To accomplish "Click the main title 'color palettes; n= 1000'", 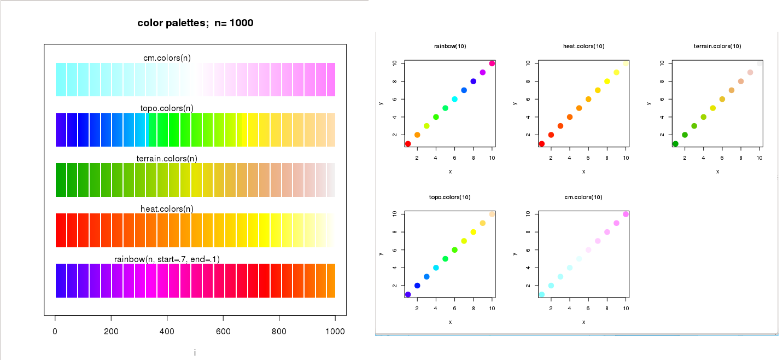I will (195, 23).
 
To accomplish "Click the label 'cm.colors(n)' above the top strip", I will (167, 58).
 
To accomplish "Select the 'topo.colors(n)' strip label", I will (167, 108).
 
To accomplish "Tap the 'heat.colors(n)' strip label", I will (167, 209).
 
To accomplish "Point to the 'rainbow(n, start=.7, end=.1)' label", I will (167, 259).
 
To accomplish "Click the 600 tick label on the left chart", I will (223, 332).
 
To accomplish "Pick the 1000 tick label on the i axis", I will (335, 332).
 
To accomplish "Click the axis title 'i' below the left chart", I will (195, 353).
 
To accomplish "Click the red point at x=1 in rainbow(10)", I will (408, 144).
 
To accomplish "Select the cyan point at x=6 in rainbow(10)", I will (454, 99).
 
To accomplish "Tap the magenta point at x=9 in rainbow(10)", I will (483, 72).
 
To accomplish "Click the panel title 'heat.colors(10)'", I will (583, 46).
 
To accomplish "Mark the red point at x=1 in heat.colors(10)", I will (541, 144).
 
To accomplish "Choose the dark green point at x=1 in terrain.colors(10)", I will (675, 144).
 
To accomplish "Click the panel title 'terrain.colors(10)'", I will (717, 46).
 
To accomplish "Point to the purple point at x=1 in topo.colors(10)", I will (408, 294).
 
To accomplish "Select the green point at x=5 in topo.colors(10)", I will (445, 259).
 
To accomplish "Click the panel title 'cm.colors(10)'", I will (583, 197).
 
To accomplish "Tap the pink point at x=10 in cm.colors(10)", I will (626, 214).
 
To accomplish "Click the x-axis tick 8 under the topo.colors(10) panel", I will (474, 309).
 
